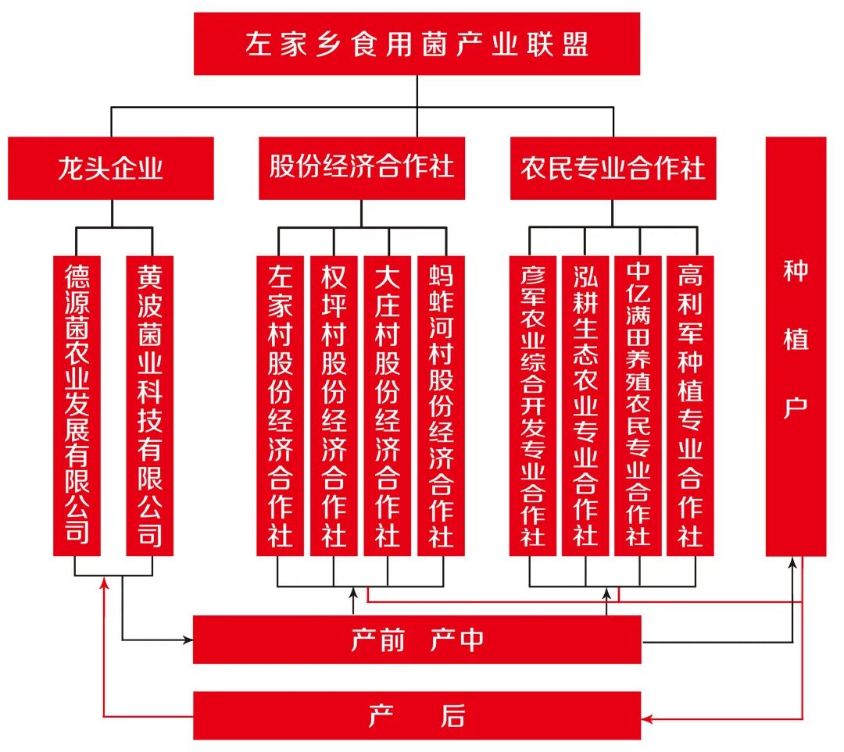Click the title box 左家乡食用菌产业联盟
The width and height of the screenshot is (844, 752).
(x=417, y=44)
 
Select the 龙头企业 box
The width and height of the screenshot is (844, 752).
(x=110, y=168)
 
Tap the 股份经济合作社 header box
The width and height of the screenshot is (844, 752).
(x=362, y=168)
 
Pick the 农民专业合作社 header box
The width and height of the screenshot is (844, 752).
(x=613, y=168)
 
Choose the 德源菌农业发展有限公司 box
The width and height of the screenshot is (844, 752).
(x=77, y=405)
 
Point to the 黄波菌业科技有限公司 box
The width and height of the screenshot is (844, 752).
(x=150, y=405)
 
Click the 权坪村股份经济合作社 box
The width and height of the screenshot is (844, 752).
(x=334, y=405)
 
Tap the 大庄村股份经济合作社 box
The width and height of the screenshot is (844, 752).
(x=388, y=405)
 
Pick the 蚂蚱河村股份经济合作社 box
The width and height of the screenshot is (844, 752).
(x=442, y=405)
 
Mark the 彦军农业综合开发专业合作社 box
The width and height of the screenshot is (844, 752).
(x=533, y=405)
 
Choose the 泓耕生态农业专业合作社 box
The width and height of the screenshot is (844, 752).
(x=585, y=405)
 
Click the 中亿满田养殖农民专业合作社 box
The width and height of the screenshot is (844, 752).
(x=638, y=405)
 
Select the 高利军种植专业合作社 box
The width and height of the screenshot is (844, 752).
(x=690, y=405)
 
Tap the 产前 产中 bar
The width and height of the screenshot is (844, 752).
(x=417, y=640)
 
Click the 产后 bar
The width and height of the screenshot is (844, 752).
(x=417, y=715)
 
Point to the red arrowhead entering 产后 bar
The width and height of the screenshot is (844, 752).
(x=647, y=717)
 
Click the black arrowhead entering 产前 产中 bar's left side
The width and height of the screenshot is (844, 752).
(x=188, y=640)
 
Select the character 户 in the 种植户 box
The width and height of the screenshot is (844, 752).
(x=796, y=408)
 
